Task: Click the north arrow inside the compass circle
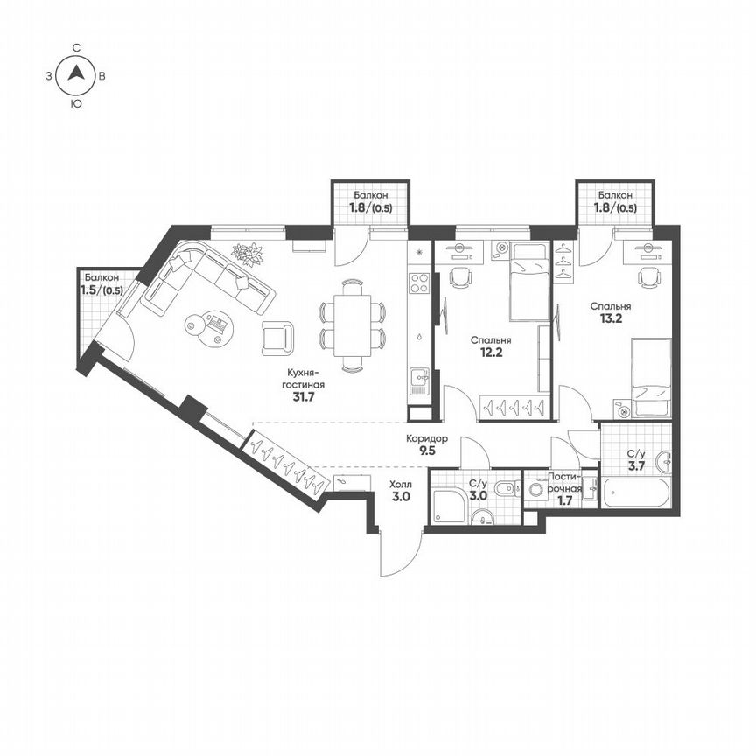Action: point(77,76)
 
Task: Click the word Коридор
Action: point(427,438)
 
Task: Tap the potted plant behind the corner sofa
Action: point(247,255)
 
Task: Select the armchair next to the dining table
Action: point(278,337)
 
